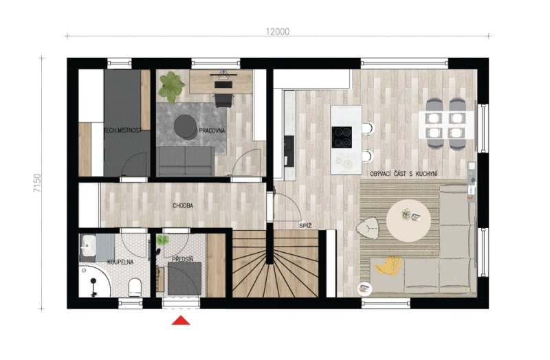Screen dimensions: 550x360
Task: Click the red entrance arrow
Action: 181,320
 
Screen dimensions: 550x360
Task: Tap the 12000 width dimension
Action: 278,32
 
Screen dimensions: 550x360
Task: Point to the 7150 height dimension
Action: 37,183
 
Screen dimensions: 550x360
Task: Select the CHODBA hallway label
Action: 183,206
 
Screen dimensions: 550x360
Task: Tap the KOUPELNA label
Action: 120,262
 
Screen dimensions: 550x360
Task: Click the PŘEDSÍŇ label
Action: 182,260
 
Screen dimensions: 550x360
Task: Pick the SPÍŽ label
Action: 305,226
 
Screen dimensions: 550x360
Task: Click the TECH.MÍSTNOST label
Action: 123,131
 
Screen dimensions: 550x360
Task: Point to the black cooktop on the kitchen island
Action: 342,137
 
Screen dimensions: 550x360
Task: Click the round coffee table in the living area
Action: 408,220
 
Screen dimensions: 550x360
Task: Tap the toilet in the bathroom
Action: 135,286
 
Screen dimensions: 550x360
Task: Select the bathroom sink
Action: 88,245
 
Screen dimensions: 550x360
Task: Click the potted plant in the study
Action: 170,87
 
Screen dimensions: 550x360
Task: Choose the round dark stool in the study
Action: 186,127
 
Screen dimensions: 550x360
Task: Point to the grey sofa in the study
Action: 185,161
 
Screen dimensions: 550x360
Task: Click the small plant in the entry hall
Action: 162,240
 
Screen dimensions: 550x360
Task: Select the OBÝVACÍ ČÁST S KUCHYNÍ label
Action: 404,174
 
